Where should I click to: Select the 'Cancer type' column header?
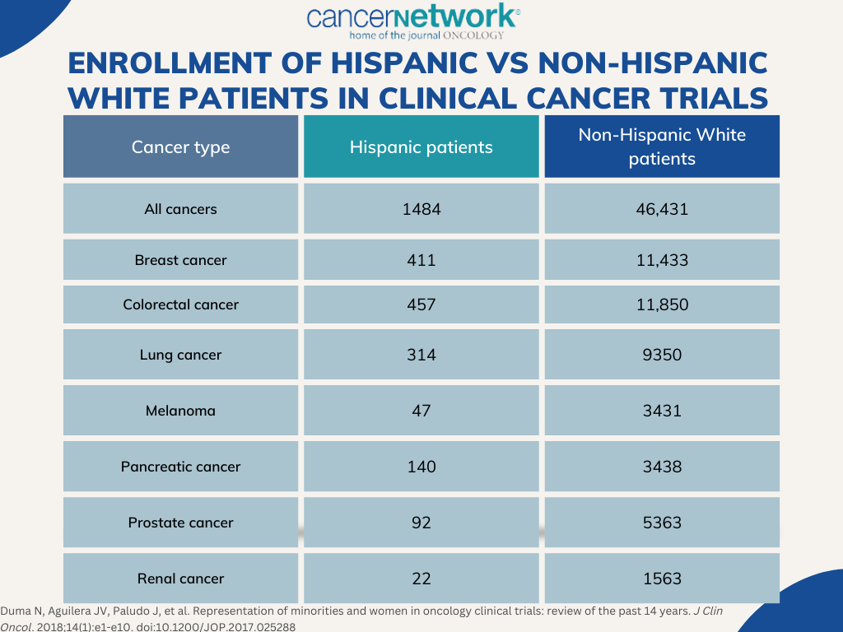181,147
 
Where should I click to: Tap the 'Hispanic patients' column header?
421,147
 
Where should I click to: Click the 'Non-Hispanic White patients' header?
662,146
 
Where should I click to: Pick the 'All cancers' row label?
181,209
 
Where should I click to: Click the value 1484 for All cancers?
421,209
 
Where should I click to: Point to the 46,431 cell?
662,209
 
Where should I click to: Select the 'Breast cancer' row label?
181,260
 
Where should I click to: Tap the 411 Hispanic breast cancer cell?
421,260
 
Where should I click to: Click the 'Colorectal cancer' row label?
181,304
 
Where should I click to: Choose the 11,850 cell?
662,304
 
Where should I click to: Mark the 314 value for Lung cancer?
421,355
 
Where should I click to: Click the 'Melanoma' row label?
181,411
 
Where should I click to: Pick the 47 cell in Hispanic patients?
421,411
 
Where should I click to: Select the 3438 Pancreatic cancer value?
662,467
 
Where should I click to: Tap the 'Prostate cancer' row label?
181,523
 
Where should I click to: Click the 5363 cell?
662,523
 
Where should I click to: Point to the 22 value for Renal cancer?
421,579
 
